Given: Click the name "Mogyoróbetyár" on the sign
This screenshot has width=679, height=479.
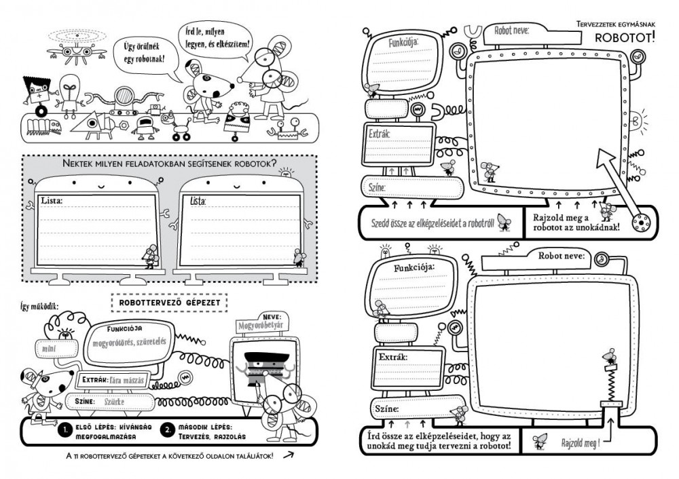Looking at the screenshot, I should (259, 327).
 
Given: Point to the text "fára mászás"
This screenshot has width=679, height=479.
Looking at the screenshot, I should (128, 380).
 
